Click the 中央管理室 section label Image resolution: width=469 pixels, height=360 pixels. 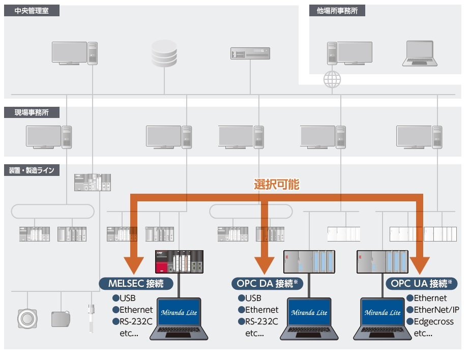tap(32, 11)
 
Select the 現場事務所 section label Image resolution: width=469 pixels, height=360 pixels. tap(32, 112)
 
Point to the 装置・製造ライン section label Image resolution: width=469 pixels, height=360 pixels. tap(32, 170)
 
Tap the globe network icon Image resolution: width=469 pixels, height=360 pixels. tap(332, 79)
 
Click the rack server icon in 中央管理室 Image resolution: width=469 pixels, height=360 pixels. tap(249, 53)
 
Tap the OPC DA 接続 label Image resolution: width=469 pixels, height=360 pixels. tap(267, 283)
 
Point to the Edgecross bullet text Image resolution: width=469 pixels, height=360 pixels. tap(433, 321)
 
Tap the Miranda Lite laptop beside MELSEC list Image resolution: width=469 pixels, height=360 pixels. tap(178, 318)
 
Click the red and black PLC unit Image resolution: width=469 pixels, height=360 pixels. tap(179, 261)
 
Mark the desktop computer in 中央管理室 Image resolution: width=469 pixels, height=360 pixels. tap(74, 53)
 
